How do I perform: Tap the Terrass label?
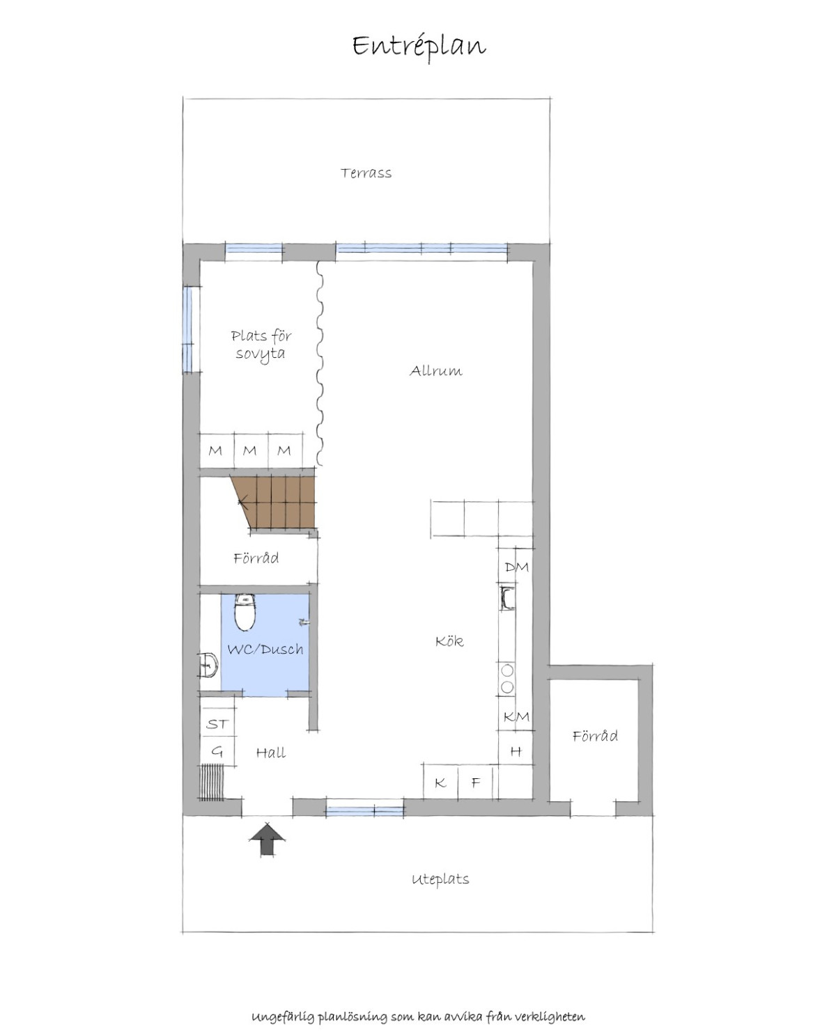click(366, 173)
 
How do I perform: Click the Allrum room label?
click(436, 371)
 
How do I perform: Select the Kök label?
click(449, 641)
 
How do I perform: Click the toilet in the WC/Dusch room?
click(245, 612)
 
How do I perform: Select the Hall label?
click(271, 753)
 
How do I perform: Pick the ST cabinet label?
click(217, 724)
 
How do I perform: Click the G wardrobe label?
click(217, 752)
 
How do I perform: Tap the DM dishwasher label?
click(517, 567)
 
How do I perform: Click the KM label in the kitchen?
click(517, 716)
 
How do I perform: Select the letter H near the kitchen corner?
click(516, 751)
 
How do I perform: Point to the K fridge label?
click(440, 782)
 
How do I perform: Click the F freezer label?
click(476, 782)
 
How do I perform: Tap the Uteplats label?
click(440, 879)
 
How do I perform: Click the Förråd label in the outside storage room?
click(595, 736)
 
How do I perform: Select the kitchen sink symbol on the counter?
click(507, 598)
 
